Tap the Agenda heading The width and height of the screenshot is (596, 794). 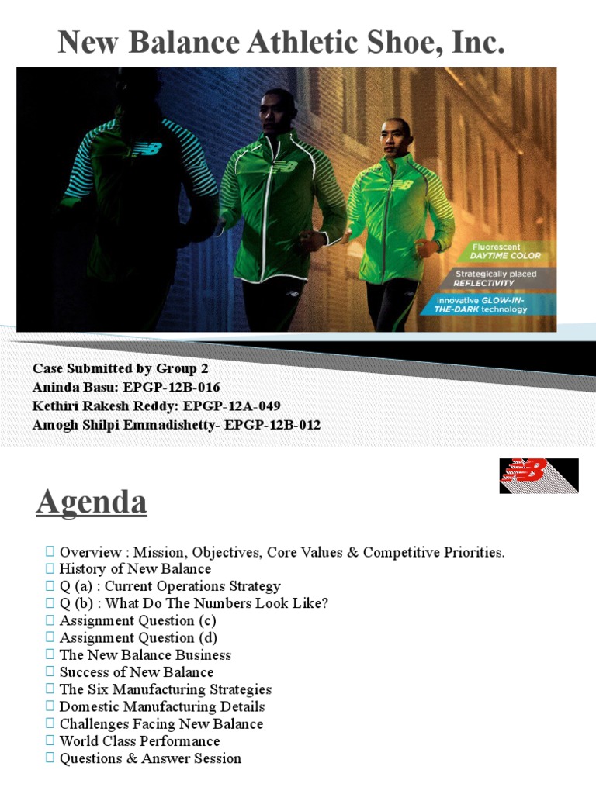tap(92, 502)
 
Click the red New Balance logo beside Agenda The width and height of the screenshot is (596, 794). tap(539, 475)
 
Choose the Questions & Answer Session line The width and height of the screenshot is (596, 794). tap(150, 758)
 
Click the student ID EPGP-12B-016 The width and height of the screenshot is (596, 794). tap(185, 388)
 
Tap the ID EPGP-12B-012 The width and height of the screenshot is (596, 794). tap(272, 425)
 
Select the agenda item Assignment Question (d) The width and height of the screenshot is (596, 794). tap(138, 638)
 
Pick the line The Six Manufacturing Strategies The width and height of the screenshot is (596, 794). tap(165, 689)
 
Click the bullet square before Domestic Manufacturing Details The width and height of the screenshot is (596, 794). tap(50, 706)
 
